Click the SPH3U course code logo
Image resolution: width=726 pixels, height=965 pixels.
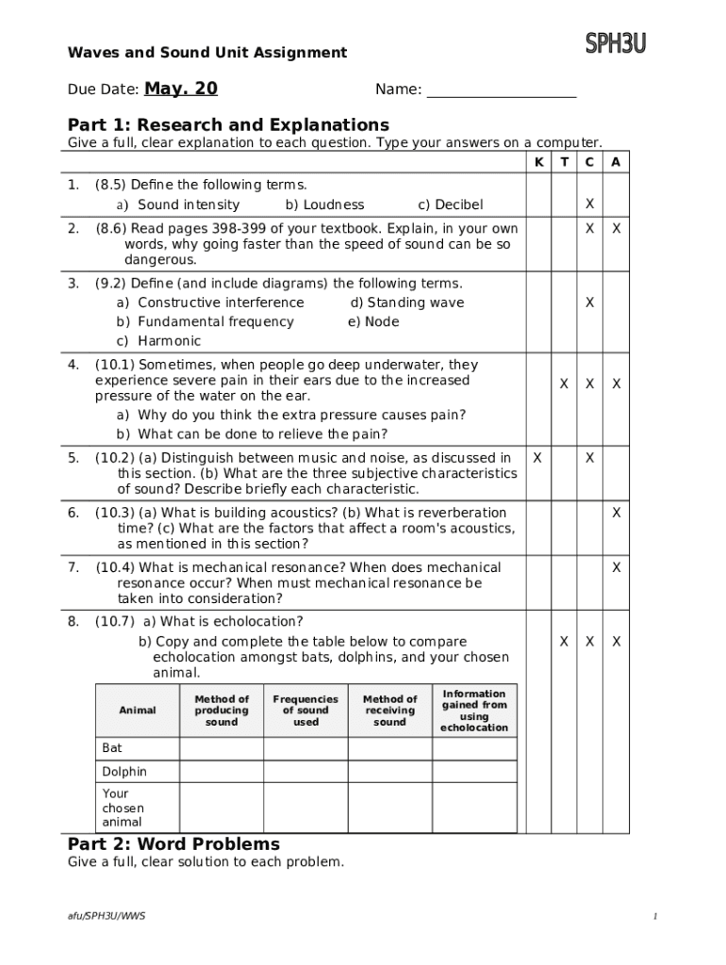pos(616,43)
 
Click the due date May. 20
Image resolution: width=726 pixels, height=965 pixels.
pos(181,89)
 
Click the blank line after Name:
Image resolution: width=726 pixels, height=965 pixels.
pos(502,91)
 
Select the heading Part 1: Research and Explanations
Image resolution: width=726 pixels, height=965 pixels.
pos(228,125)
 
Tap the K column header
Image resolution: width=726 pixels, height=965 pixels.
pos(538,162)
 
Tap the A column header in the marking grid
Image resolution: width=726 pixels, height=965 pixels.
pos(616,162)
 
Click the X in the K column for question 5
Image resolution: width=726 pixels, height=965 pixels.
pos(537,458)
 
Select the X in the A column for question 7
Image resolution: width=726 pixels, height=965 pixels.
pos(616,567)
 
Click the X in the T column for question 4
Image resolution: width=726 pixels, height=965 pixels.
pos(564,384)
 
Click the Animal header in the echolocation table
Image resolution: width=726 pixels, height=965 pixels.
pos(138,710)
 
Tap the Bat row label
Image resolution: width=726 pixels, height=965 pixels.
pos(112,748)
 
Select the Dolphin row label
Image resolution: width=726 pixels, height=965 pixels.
pos(124,772)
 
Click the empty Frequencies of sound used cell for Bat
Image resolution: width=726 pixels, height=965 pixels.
pos(305,748)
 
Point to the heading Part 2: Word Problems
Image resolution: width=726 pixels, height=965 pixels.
pos(173,844)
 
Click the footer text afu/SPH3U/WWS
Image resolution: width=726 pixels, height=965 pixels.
pos(107,916)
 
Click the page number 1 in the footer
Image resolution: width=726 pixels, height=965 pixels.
pos(653,916)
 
